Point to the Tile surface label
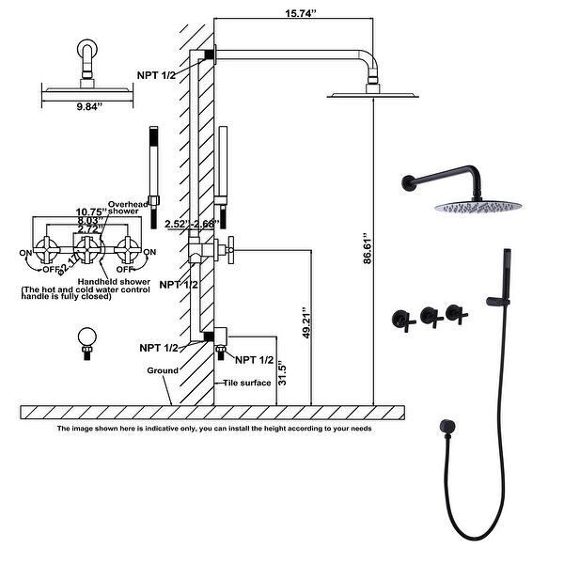click(247, 383)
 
